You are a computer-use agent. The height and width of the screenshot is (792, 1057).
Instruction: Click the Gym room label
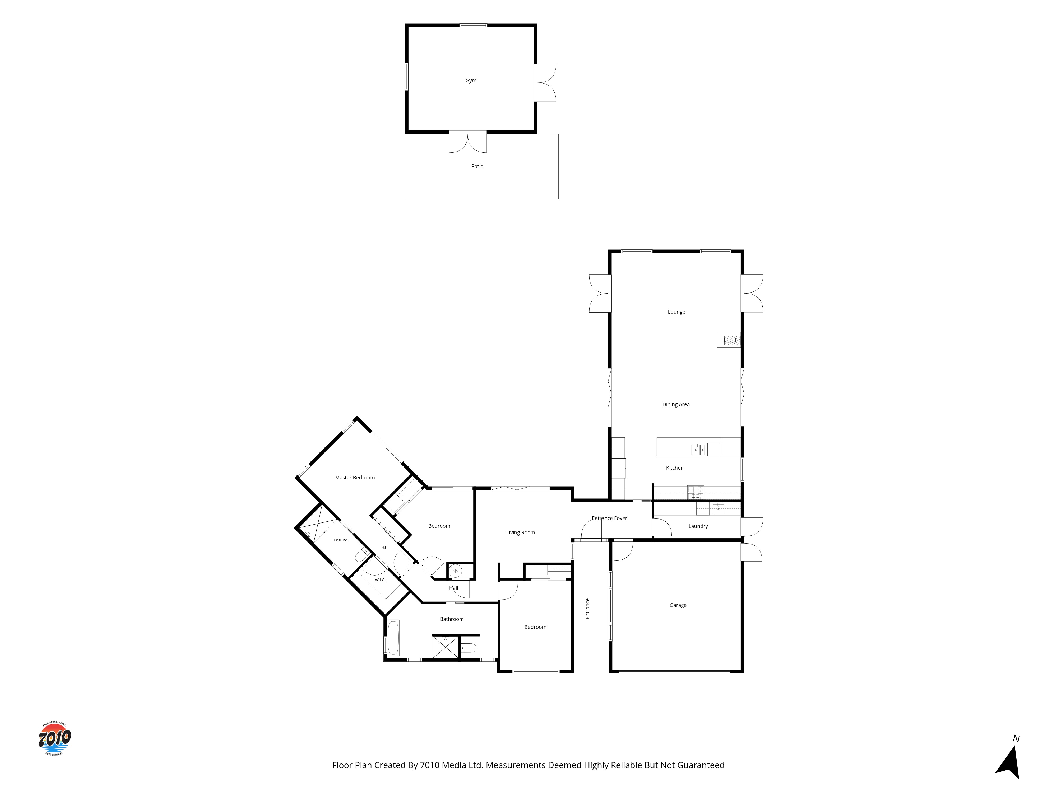click(x=471, y=81)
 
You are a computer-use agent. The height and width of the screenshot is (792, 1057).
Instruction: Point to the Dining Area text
click(x=676, y=405)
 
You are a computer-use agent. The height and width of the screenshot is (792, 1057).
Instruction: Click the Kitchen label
click(x=675, y=468)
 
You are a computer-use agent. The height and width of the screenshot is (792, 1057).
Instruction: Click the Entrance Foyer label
click(x=609, y=518)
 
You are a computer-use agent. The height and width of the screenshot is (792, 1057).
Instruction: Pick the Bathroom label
click(x=452, y=619)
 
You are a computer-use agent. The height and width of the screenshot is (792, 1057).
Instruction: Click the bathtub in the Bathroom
click(x=393, y=638)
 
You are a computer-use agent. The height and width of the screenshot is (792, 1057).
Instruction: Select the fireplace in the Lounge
click(x=729, y=340)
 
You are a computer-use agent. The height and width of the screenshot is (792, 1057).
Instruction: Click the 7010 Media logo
click(x=54, y=738)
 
